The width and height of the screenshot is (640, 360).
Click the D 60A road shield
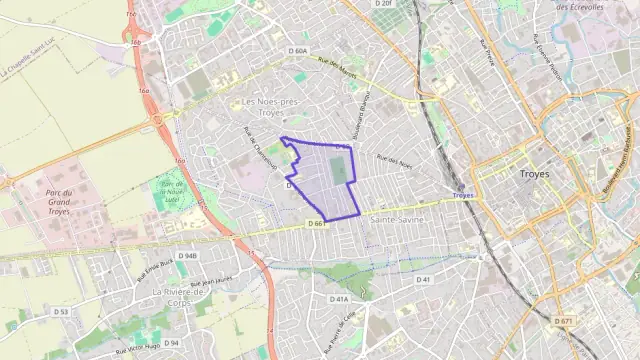pos(298,51)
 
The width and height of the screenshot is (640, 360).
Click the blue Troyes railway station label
pos(462,196)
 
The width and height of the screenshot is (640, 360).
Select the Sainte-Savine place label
pos(397,218)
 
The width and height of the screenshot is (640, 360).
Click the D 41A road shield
pos(339,298)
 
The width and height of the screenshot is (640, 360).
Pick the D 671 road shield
pos(565,321)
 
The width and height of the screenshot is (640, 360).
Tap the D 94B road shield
pos(188,255)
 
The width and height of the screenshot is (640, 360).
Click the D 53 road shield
pos(61,311)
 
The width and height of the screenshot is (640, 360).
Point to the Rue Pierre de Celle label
pos(341,331)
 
